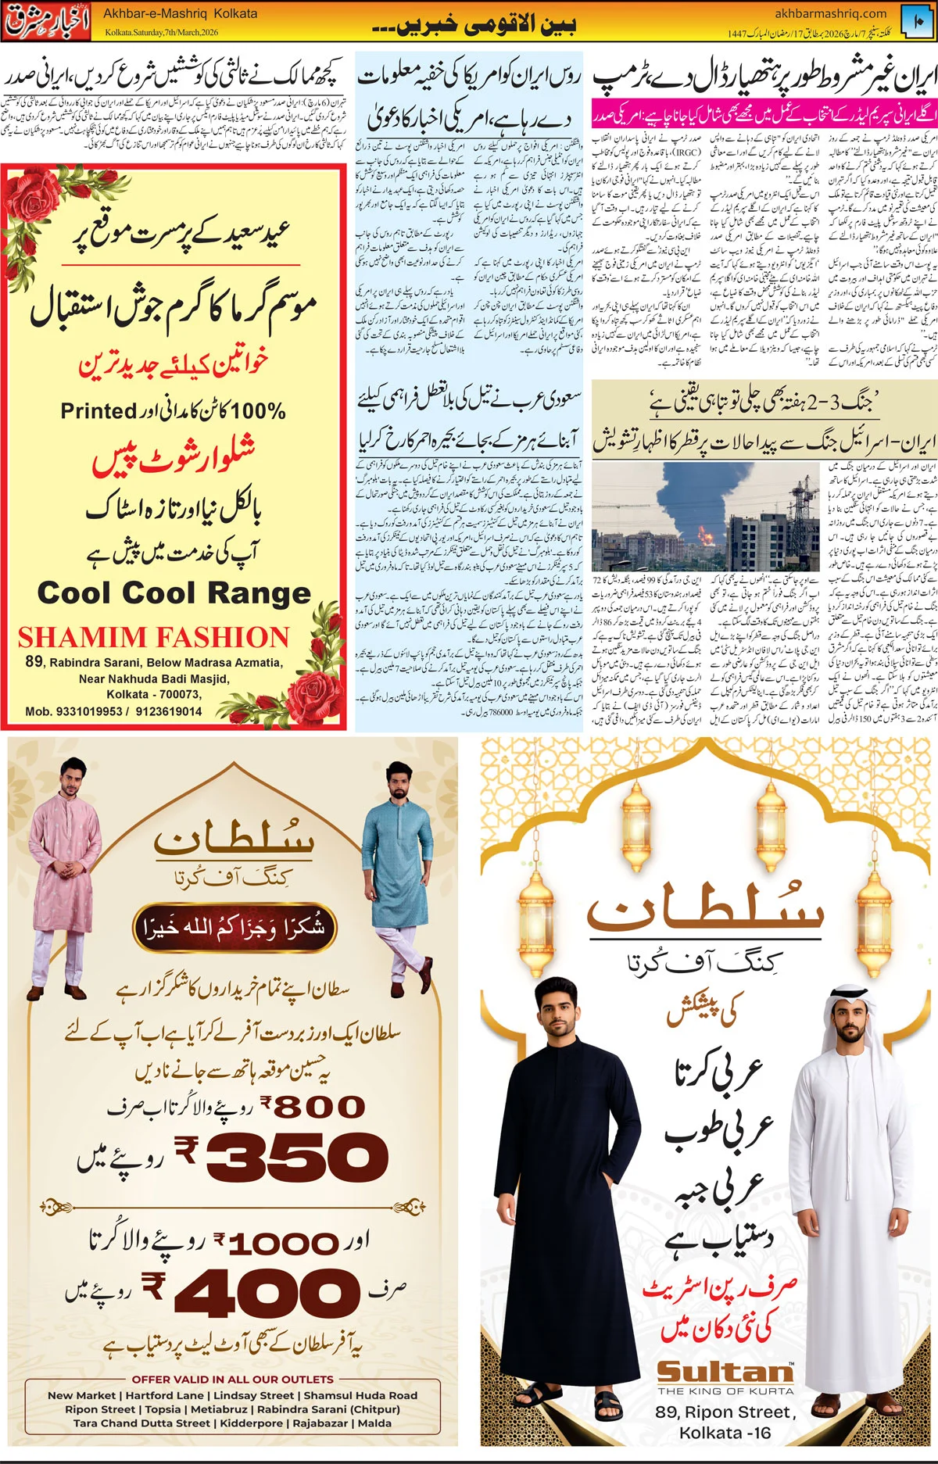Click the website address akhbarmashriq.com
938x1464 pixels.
pos(830,13)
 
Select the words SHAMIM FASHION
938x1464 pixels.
pos(153,638)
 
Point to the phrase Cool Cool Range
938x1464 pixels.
pos(174,593)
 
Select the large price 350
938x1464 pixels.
pos(297,1157)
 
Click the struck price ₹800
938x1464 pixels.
pos(313,1106)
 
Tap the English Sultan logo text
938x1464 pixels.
pos(725,1372)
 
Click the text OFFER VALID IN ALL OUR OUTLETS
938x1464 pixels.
pos(232,1380)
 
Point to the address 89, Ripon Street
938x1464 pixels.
pos(725,1412)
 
